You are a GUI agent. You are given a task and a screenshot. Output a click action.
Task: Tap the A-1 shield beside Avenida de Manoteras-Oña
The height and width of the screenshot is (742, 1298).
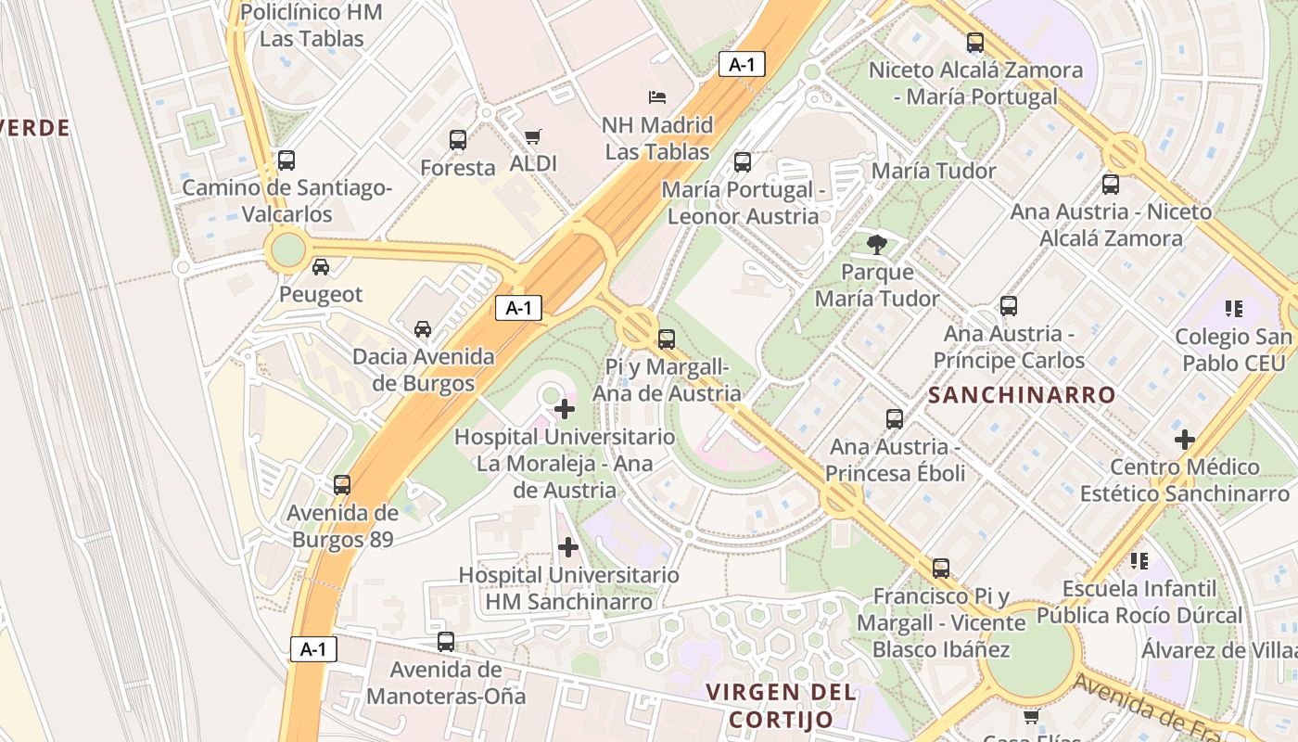(x=313, y=649)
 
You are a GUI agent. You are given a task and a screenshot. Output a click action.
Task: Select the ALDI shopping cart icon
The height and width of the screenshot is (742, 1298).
(x=532, y=137)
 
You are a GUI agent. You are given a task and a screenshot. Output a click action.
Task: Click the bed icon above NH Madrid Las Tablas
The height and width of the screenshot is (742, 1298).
(x=656, y=96)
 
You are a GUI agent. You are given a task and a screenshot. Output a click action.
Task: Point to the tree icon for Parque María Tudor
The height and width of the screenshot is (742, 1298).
(x=876, y=245)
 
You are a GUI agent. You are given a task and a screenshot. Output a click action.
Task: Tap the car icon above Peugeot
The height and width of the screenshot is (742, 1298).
(x=321, y=267)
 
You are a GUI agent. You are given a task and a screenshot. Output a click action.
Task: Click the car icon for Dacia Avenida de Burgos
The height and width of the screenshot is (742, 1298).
(x=423, y=328)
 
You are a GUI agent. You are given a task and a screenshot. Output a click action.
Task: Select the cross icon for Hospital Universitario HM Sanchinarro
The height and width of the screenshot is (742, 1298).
(x=568, y=547)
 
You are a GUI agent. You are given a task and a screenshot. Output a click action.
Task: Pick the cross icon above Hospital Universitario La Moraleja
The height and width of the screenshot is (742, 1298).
(x=564, y=408)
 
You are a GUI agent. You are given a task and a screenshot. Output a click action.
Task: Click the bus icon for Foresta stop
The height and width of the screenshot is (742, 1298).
(x=458, y=140)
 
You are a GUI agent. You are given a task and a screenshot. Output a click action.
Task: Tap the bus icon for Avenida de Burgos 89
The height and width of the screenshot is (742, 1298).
(x=342, y=485)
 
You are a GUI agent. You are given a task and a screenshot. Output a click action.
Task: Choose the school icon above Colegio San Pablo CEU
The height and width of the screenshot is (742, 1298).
(x=1233, y=308)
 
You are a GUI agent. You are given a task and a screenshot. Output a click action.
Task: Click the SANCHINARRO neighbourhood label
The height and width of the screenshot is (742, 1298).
(x=1022, y=395)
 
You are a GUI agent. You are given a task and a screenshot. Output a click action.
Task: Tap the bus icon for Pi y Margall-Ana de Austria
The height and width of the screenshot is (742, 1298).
(x=667, y=339)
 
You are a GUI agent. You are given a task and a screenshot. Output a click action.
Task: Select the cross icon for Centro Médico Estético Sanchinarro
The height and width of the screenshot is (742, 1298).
(x=1184, y=439)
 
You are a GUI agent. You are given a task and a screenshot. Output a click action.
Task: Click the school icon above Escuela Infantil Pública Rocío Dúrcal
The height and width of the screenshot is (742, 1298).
(x=1139, y=560)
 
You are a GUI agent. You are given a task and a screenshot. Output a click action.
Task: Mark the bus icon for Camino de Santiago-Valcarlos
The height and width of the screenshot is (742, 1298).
(x=286, y=160)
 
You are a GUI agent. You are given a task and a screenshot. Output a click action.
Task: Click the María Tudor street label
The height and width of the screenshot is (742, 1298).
(x=934, y=171)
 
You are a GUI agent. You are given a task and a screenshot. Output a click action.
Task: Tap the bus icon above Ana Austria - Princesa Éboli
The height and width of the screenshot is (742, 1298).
(x=895, y=419)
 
